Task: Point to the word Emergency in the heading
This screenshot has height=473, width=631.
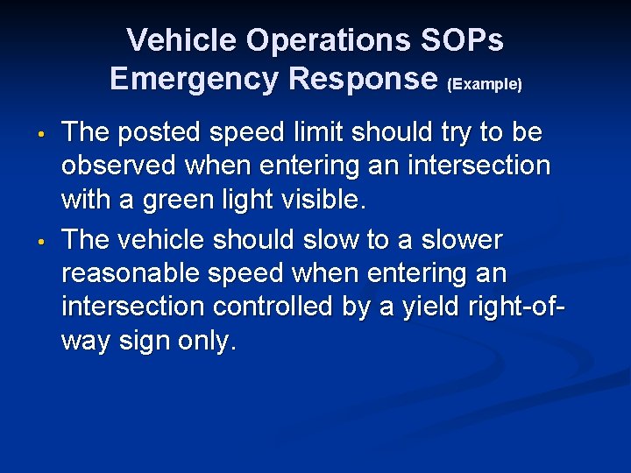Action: [x=191, y=79]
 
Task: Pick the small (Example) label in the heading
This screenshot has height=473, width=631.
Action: [x=485, y=84]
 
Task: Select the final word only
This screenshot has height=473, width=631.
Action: [x=211, y=342]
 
